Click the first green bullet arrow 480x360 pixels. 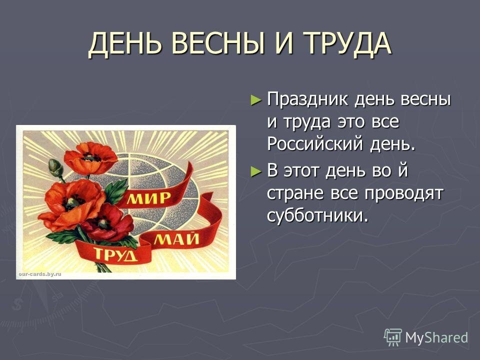(256, 100)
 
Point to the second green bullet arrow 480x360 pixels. (256, 171)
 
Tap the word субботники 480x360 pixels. (317, 215)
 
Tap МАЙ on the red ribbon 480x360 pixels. (176, 238)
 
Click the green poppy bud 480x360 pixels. (55, 167)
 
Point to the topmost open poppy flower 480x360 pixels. (90, 157)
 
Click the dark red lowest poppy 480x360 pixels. (108, 222)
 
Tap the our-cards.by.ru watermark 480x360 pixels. (40, 274)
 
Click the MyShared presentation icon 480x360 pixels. (393, 337)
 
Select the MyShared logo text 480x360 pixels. (436, 337)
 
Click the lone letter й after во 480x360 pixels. (403, 169)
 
